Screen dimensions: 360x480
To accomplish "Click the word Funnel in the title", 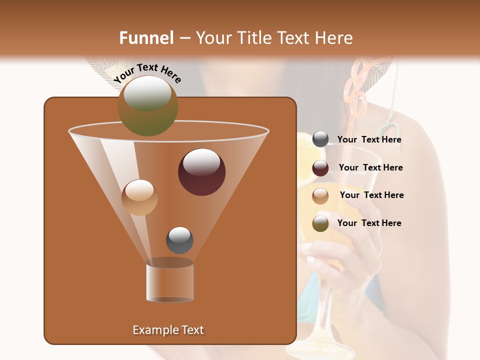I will tap(146, 38).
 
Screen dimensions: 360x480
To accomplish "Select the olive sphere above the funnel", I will tap(148, 105).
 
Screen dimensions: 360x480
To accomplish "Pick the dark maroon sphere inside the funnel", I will tap(201, 172).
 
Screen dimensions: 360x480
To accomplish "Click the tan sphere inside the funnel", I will tap(139, 197).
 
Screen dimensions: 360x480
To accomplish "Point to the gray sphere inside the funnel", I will tap(179, 240).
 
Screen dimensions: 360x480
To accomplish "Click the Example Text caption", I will tap(168, 330).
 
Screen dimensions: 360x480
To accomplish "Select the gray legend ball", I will tap(320, 139).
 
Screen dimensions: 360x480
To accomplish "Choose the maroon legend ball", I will tap(320, 168).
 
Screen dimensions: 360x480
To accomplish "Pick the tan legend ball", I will tap(320, 195).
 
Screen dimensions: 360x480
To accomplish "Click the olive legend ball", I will tap(320, 223).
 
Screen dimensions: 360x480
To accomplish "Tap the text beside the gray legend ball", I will tap(369, 140).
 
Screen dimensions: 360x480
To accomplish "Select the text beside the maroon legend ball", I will tap(370, 167).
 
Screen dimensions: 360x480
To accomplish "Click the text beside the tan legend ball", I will tap(371, 195).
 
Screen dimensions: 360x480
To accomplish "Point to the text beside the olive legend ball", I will tap(369, 223).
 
